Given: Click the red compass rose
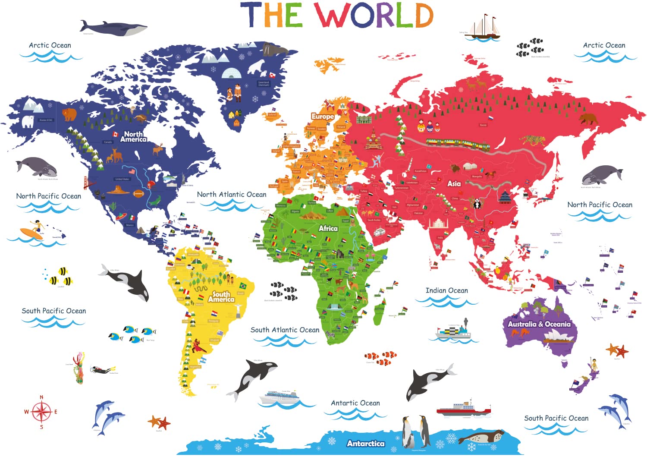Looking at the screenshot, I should click(x=41, y=412).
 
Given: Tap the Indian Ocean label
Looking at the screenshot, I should click(x=446, y=290).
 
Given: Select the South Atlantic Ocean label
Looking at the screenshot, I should click(x=285, y=330).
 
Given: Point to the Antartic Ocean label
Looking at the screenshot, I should click(x=355, y=403).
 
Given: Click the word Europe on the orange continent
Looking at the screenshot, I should click(x=322, y=116).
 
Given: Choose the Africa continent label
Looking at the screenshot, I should click(x=328, y=228).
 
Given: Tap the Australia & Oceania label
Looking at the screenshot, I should click(x=539, y=324).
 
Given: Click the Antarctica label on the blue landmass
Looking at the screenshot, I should click(x=365, y=443).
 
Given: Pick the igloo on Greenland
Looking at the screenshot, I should click(x=231, y=73).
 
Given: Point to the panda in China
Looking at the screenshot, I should click(x=477, y=203).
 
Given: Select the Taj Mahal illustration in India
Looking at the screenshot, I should click(x=438, y=223).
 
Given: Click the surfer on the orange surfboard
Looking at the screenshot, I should click(x=34, y=231).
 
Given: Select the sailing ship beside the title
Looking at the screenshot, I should click(x=485, y=27).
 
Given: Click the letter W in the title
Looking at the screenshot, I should click(x=331, y=16).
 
